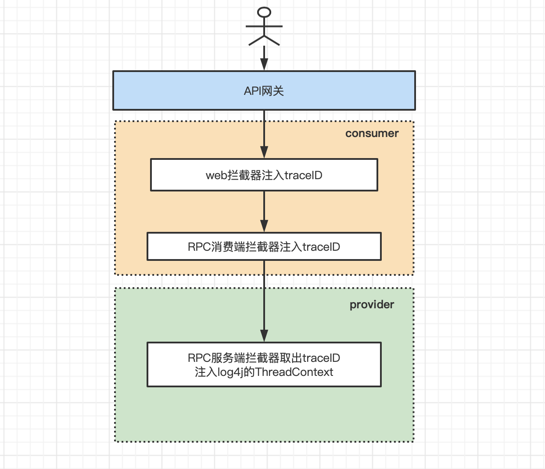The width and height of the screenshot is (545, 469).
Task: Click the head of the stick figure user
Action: [264, 12]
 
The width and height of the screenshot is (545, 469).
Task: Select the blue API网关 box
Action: [176, 90]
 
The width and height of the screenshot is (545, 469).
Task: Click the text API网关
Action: [264, 91]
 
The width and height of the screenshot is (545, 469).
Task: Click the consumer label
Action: [372, 133]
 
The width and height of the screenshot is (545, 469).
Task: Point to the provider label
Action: [372, 305]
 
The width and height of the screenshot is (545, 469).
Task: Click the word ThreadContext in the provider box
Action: [294, 372]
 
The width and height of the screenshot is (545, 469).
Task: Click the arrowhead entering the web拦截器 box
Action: [264, 152]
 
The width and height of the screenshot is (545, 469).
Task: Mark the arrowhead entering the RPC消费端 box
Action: [264, 226]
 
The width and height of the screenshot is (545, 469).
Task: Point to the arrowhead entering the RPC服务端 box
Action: [264, 336]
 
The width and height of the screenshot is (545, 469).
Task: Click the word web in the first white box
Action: [216, 176]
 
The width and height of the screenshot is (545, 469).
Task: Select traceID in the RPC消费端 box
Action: [321, 247]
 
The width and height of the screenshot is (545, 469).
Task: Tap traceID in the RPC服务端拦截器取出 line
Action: [321, 358]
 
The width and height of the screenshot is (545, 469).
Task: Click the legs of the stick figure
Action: [264, 40]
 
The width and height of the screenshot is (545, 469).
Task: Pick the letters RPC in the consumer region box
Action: [199, 247]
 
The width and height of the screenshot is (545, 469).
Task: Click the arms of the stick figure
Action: [264, 26]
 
